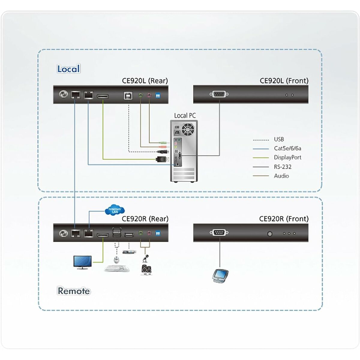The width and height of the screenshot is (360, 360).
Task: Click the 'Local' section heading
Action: (x=68, y=69)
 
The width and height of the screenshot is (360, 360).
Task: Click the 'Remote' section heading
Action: (x=73, y=291)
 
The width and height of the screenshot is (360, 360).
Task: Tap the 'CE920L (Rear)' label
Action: (x=145, y=81)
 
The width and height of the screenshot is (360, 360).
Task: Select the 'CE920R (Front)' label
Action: (x=283, y=219)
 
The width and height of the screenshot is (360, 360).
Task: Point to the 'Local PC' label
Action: (x=185, y=115)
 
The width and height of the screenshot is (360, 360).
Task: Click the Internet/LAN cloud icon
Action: (x=115, y=210)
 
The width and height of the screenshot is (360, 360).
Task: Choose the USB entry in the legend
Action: (x=278, y=139)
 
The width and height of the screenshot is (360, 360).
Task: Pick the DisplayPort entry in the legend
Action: (x=287, y=157)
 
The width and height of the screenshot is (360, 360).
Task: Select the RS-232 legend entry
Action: (x=282, y=167)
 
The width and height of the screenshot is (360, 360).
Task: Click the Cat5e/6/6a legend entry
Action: (x=287, y=148)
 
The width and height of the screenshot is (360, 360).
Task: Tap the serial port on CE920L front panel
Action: (x=219, y=94)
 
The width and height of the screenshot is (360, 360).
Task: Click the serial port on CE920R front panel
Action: (x=219, y=232)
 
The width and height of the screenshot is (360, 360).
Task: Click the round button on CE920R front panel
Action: (x=270, y=233)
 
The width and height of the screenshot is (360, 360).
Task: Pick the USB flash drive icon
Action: (x=130, y=253)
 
